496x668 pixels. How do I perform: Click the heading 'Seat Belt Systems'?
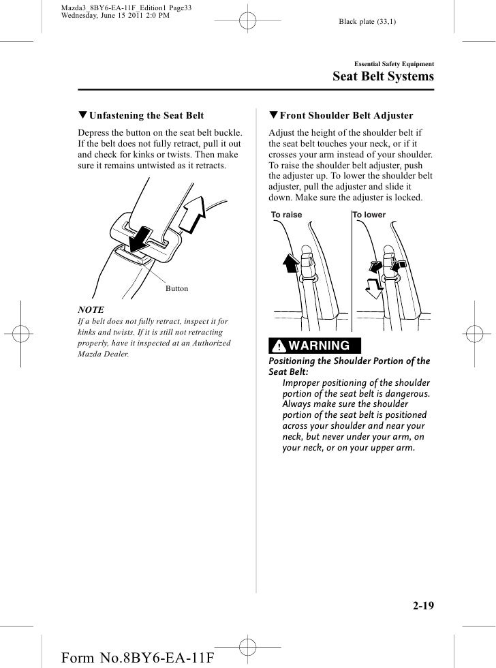pyautogui.click(x=382, y=76)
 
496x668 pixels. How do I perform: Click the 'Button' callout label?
pyautogui.click(x=176, y=289)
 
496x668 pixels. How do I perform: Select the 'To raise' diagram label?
pyautogui.click(x=286, y=215)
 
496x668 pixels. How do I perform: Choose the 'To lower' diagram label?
pyautogui.click(x=369, y=215)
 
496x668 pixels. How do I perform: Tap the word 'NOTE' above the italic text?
pyautogui.click(x=91, y=309)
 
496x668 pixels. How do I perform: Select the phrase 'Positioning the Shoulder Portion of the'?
pyautogui.click(x=350, y=361)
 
